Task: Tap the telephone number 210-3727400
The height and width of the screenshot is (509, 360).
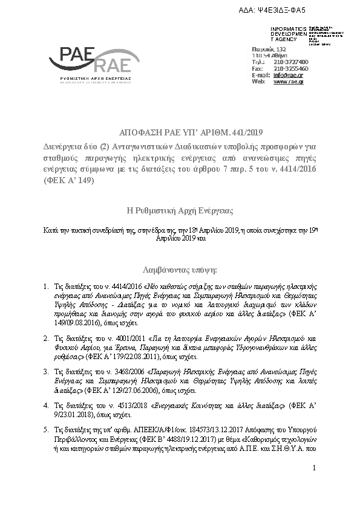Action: [290, 62]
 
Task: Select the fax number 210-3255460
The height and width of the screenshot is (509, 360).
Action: [290, 68]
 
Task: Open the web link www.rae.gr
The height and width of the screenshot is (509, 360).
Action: [289, 82]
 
